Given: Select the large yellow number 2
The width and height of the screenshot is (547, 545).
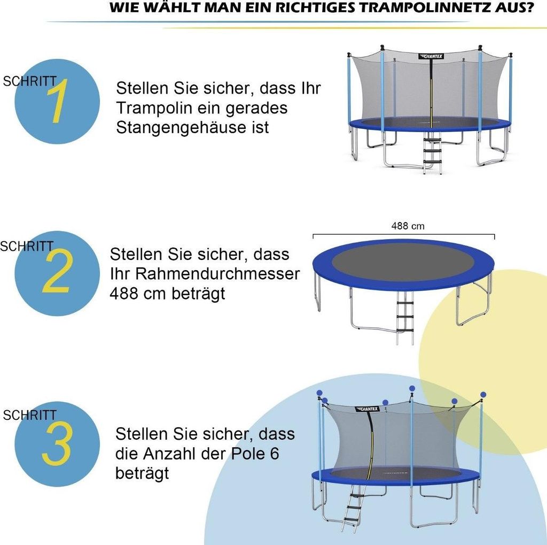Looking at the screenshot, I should pos(56,273).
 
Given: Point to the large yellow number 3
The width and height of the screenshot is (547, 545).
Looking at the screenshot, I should pos(57,444).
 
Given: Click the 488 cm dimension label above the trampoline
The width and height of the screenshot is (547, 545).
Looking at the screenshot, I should pos(408,226).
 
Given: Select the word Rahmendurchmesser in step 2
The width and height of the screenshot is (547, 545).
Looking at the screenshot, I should pos(218,274).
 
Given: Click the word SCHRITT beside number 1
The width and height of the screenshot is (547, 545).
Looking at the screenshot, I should pos(30,82).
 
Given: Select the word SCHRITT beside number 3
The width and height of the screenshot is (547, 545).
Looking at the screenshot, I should pos(30,415).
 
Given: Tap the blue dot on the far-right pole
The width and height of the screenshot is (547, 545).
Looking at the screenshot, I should pos(483,395).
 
